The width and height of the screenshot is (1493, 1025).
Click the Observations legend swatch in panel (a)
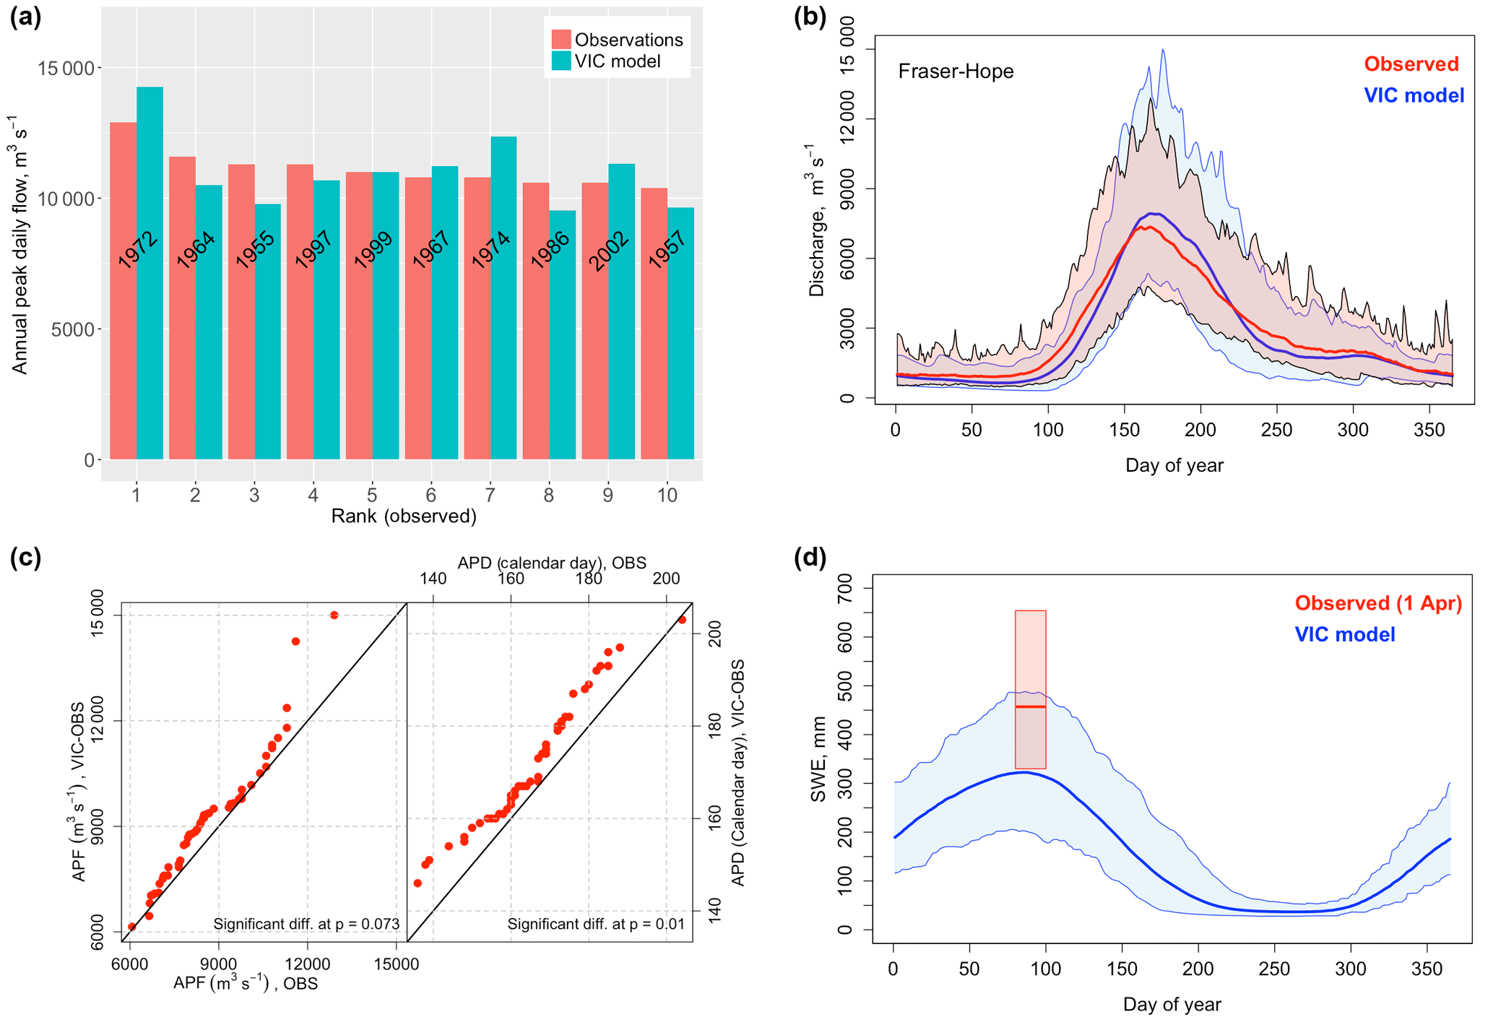[x=561, y=40]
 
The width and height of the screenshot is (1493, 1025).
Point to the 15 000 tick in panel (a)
[x=66, y=69]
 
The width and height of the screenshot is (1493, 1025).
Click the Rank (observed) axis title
[x=404, y=516]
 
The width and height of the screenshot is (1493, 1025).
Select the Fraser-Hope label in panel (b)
[x=955, y=72]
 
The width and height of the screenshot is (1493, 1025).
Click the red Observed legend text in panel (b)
[x=1411, y=64]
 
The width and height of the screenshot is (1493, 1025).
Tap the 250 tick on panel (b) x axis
[x=1276, y=430]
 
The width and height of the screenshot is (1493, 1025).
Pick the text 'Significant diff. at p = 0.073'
[x=306, y=924]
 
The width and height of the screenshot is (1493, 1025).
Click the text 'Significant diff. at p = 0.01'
[x=596, y=924]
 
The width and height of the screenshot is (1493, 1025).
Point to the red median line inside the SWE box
[x=1030, y=706]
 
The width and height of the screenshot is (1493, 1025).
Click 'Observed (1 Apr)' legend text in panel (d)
[x=1377, y=603]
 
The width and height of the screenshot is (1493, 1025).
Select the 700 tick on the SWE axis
[x=845, y=588]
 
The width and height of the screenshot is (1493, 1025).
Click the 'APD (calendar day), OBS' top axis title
[x=552, y=563]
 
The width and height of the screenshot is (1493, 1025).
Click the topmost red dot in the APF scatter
[x=334, y=615]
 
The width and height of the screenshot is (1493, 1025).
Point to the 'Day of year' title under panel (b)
[x=1174, y=465]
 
